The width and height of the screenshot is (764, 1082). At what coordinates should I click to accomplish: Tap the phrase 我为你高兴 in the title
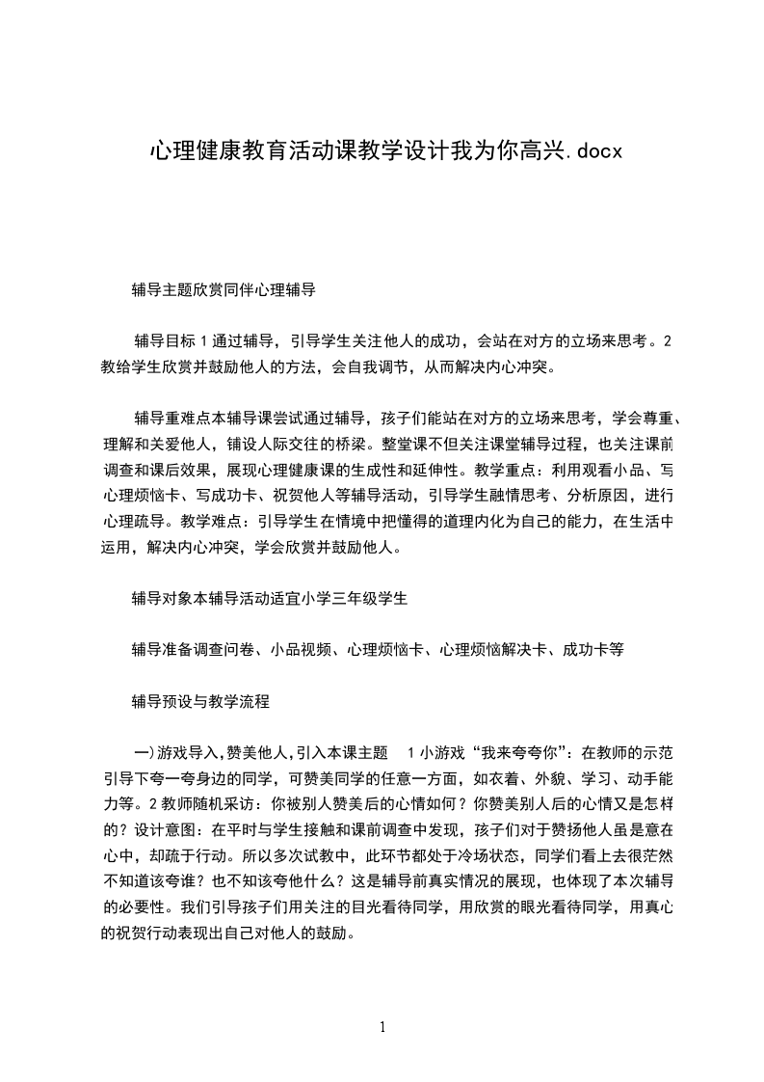click(519, 152)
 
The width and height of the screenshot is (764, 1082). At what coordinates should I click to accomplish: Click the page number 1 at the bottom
click(382, 1027)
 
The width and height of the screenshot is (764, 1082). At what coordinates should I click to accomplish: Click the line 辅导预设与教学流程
click(200, 702)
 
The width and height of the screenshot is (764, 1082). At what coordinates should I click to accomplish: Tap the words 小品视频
click(302, 650)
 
